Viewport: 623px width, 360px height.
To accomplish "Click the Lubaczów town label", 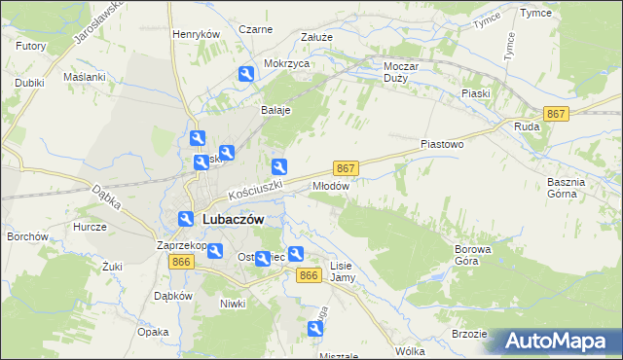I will point(234,220).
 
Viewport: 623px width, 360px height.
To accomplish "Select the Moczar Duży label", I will point(396,71).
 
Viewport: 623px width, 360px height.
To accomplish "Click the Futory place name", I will point(31,46).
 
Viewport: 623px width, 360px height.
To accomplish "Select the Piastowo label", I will point(442,143).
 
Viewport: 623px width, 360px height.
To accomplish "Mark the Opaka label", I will point(153,332).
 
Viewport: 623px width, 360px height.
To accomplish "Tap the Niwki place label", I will point(232,304).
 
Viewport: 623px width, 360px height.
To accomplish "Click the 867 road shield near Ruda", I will point(556,114).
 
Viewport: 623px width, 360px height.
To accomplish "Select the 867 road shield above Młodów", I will point(346,167).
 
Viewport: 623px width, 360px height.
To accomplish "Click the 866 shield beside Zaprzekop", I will point(180,263).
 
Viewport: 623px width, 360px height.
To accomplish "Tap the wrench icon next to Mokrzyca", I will point(246,74).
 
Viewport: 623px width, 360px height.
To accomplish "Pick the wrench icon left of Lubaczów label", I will point(184,220).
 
